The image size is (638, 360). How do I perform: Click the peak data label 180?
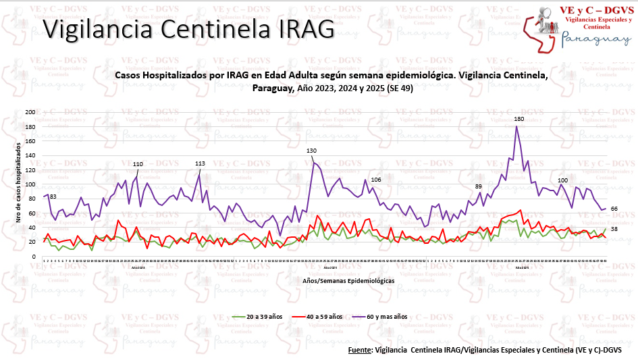tap(519, 119)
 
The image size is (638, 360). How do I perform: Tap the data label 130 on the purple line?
tap(311, 151)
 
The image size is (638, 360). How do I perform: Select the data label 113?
tap(200, 163)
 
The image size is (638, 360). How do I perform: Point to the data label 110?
tap(138, 164)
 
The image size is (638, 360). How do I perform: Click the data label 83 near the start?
tap(53, 197)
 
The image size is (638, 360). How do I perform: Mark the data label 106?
tap(376, 180)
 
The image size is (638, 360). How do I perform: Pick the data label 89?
tap(479, 186)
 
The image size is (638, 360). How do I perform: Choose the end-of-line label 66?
tap(614, 209)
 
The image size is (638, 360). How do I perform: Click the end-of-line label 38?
tap(614, 230)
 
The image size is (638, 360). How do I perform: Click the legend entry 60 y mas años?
tap(383, 315)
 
